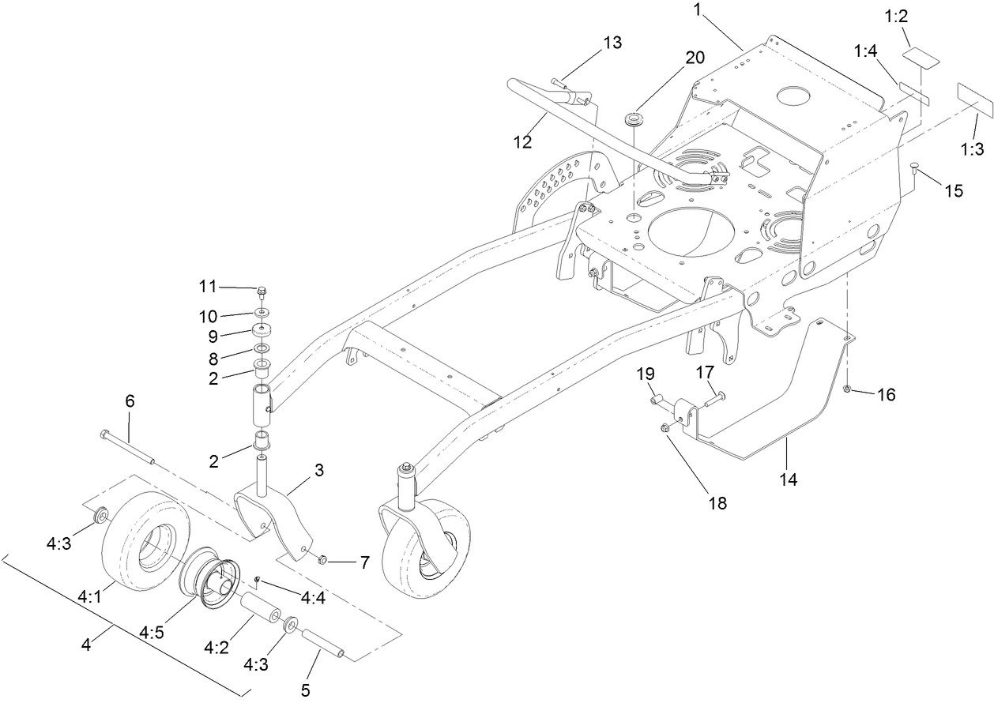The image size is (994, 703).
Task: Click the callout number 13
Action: (x=612, y=43)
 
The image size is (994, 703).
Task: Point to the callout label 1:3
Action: (x=970, y=149)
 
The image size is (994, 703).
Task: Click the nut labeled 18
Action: (x=666, y=429)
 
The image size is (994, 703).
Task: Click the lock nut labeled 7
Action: (x=322, y=560)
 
